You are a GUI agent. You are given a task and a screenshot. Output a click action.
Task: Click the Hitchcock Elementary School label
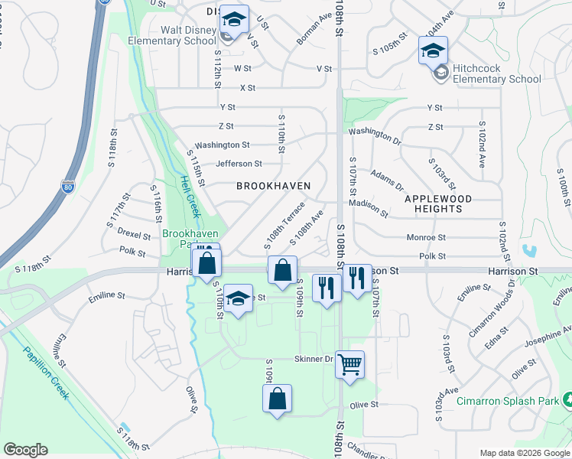(x=496, y=73)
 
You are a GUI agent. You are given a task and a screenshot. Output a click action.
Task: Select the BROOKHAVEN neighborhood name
(x=273, y=186)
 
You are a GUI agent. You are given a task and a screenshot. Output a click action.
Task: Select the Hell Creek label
(x=187, y=195)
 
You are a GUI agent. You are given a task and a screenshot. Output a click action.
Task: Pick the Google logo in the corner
(x=25, y=450)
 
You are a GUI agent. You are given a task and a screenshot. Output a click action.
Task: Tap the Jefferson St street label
(x=239, y=164)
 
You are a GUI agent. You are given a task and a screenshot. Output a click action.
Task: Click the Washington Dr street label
(x=375, y=136)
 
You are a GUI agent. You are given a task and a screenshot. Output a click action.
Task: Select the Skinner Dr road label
(x=314, y=359)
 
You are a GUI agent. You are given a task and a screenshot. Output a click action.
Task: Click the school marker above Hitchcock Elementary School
(x=432, y=52)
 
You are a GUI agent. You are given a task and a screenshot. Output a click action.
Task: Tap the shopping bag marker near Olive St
(x=277, y=399)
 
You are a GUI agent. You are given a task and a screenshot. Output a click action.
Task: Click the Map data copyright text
(x=524, y=452)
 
